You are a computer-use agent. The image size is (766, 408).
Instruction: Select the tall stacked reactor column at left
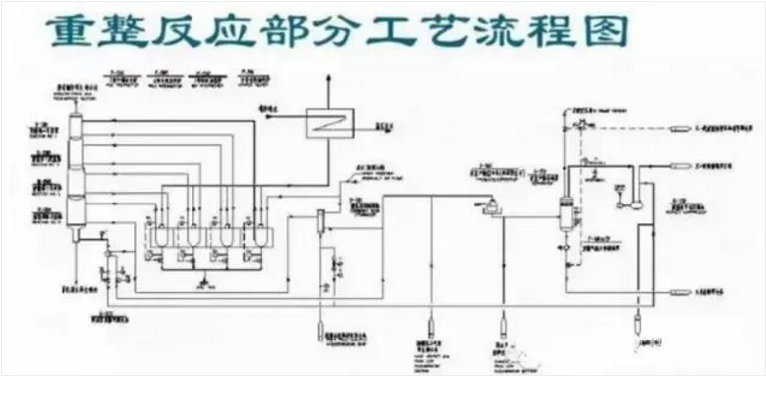coord(77,174)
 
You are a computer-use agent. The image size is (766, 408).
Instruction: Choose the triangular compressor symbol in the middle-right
coord(488,205)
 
